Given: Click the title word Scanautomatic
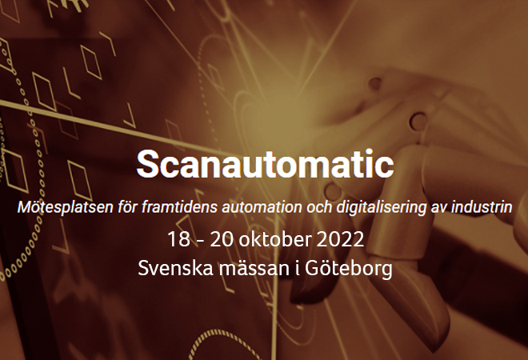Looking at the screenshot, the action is point(265,164).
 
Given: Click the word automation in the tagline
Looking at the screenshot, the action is point(262,206).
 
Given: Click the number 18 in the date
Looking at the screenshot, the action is point(178,239).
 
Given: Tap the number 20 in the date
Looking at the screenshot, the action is point(222,239).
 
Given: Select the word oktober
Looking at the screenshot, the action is point(275,238).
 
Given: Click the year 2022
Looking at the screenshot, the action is point(340,239).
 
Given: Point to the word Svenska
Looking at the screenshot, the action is point(175,268).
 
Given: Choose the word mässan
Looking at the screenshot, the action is point(254,268).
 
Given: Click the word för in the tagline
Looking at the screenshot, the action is point(127,206).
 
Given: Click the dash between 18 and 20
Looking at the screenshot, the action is point(200,241).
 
